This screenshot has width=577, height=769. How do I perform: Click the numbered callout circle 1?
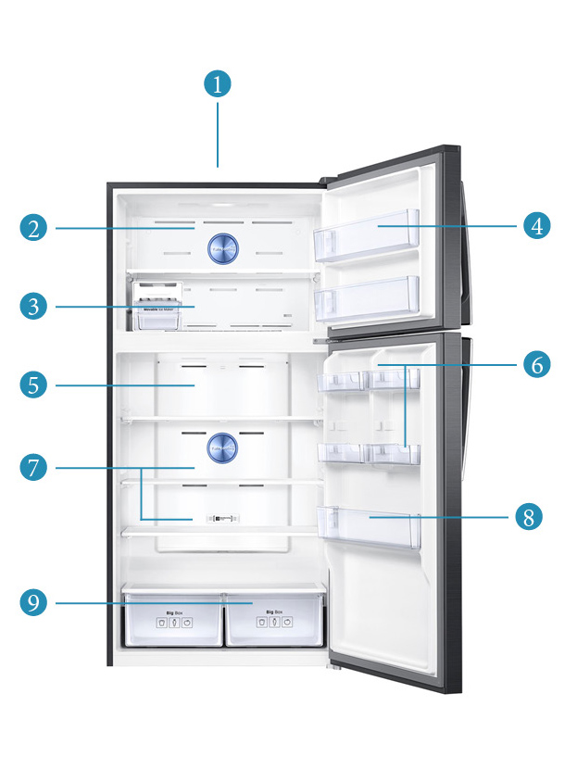point(217,84)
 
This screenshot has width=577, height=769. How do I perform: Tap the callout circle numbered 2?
point(34,228)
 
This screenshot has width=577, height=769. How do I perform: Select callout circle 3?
point(34,306)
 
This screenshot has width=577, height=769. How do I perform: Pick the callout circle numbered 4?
point(536,224)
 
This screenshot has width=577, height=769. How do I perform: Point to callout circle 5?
point(34,384)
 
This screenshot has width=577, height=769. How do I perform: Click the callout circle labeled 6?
point(536,365)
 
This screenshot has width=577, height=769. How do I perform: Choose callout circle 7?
point(34,468)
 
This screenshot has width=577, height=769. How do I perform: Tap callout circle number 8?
point(528,516)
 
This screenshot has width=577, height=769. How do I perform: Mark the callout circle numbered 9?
point(34,602)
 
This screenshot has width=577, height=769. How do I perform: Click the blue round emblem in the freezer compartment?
point(223,247)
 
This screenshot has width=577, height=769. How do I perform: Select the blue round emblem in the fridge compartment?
point(223,448)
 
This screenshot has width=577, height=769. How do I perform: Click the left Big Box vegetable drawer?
point(172,619)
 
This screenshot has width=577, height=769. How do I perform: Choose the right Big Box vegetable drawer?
point(274,619)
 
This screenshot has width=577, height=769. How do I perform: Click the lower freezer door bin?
point(367,298)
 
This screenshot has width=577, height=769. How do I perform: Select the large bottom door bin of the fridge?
point(368,525)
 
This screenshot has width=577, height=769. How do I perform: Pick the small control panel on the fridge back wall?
point(222,519)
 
